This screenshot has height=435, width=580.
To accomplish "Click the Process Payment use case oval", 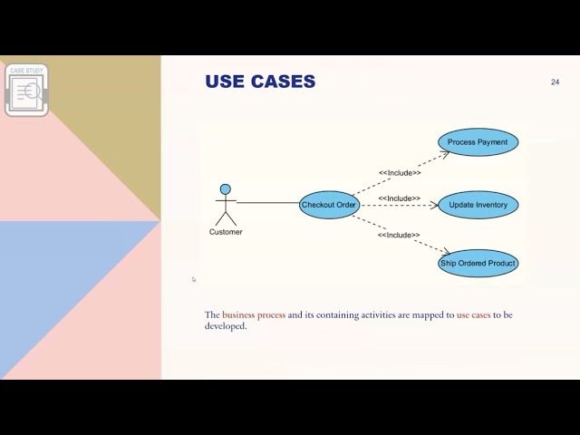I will click(x=478, y=142).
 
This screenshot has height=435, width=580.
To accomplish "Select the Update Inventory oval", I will click(x=478, y=205).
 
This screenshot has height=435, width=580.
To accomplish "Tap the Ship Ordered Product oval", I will click(x=478, y=264).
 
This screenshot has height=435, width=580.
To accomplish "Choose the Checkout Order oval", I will click(x=328, y=205).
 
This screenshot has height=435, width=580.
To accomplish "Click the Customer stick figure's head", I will click(x=226, y=189).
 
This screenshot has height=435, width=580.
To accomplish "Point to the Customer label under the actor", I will click(x=226, y=232).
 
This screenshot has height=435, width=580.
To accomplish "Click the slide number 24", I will click(x=555, y=82).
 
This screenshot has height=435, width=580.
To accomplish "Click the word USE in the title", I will click(x=226, y=82).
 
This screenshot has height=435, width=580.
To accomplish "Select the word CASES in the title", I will click(x=284, y=82).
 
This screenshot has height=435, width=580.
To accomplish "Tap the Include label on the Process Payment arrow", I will click(x=400, y=172).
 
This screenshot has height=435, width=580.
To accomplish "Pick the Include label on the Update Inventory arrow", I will click(x=400, y=198).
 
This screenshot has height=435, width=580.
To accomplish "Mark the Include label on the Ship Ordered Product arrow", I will click(x=400, y=235).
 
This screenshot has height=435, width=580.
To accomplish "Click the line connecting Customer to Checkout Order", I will click(x=267, y=203).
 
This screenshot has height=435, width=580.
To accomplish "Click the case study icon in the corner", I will click(x=26, y=90).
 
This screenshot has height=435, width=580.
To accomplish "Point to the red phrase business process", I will click(x=254, y=315).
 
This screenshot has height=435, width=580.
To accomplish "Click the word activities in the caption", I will click(x=384, y=315).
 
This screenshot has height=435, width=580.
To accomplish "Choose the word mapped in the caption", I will click(x=429, y=315).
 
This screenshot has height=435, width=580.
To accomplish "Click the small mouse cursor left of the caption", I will click(x=193, y=279).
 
